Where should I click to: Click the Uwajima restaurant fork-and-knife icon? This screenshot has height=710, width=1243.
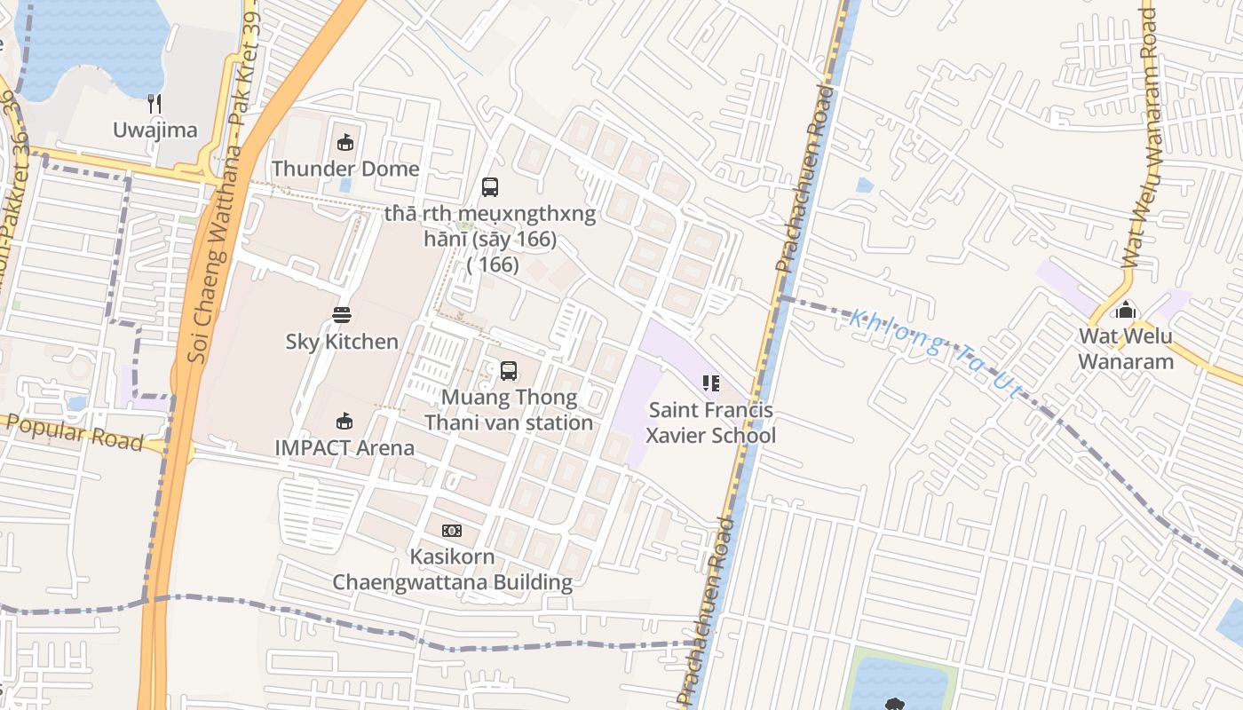[154, 104]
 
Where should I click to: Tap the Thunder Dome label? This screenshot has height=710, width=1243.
[345, 169]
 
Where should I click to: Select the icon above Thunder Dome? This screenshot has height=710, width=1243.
[345, 142]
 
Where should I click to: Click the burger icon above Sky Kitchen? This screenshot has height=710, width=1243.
[342, 314]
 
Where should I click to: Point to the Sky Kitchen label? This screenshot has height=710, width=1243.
[342, 342]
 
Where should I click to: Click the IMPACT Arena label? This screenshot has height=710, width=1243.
[344, 447]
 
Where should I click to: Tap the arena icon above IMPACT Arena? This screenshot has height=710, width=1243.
[344, 421]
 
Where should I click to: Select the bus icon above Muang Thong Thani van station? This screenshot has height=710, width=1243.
[508, 370]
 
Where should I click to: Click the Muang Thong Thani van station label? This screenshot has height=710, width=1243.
[509, 410]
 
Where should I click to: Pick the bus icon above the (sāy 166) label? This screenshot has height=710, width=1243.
[489, 186]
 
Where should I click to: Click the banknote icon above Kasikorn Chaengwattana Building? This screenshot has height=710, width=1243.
[451, 531]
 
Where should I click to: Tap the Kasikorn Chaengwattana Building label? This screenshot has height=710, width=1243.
[452, 570]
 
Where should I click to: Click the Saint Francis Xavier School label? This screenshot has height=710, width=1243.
[710, 422]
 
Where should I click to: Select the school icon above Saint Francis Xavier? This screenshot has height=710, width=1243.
[710, 383]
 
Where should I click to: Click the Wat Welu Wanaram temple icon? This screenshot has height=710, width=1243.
[1125, 311]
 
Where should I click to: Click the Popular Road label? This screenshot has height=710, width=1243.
[75, 431]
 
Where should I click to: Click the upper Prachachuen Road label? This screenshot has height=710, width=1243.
[803, 177]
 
